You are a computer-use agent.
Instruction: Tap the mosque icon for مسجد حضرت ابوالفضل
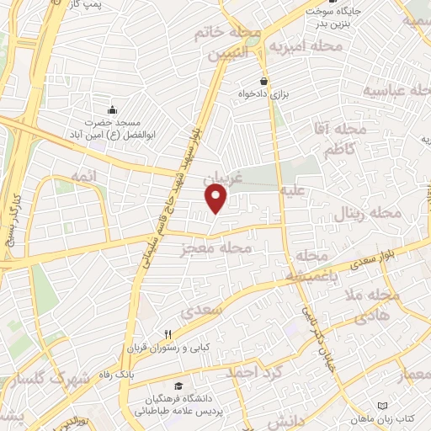(x=113, y=109)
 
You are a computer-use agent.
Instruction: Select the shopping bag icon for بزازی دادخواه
(x=264, y=82)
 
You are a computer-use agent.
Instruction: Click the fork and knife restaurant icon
(x=169, y=334)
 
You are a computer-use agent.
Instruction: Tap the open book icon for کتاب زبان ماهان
(x=384, y=405)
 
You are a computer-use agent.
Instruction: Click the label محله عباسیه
(x=396, y=89)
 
